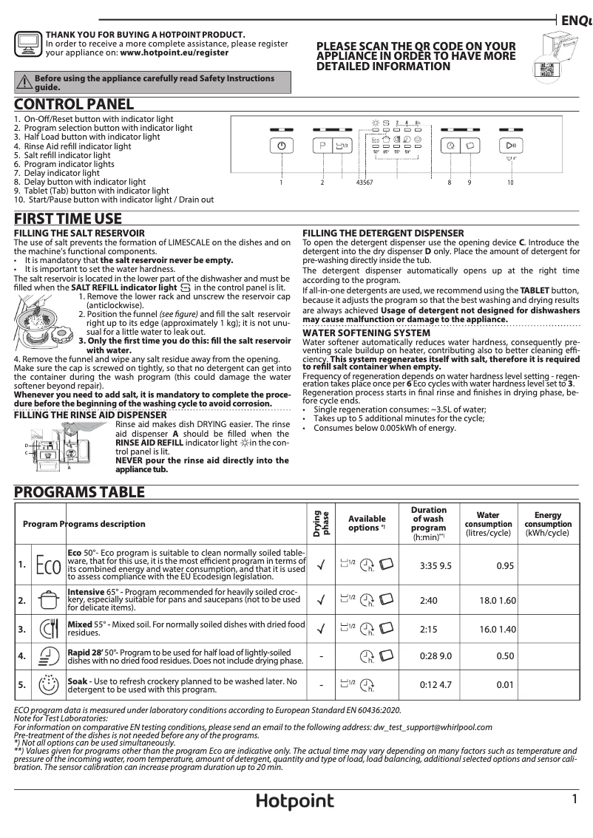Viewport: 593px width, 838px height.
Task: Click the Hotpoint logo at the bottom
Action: (295, 802)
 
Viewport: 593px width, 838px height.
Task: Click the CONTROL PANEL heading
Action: (74, 105)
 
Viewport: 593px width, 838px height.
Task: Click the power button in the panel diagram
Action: (281, 146)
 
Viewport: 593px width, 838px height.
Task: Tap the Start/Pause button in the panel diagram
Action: (510, 146)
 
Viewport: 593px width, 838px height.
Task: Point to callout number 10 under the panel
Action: (510, 182)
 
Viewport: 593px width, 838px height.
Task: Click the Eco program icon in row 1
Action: (48, 565)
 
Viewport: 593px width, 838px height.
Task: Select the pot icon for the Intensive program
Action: (48, 600)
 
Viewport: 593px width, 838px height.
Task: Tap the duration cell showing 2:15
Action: (428, 630)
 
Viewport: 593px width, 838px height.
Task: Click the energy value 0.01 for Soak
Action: (505, 685)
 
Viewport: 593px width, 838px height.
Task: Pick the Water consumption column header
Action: (488, 524)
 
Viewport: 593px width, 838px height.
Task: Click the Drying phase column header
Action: (321, 524)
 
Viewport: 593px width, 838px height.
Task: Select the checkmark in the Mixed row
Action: (321, 630)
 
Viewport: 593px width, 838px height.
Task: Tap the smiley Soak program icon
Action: (48, 685)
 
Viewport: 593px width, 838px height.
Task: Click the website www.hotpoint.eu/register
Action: (174, 53)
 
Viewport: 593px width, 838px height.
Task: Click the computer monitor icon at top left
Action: (28, 44)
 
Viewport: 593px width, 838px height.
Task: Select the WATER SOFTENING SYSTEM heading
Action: (367, 333)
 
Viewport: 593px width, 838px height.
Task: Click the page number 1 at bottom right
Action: (574, 800)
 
